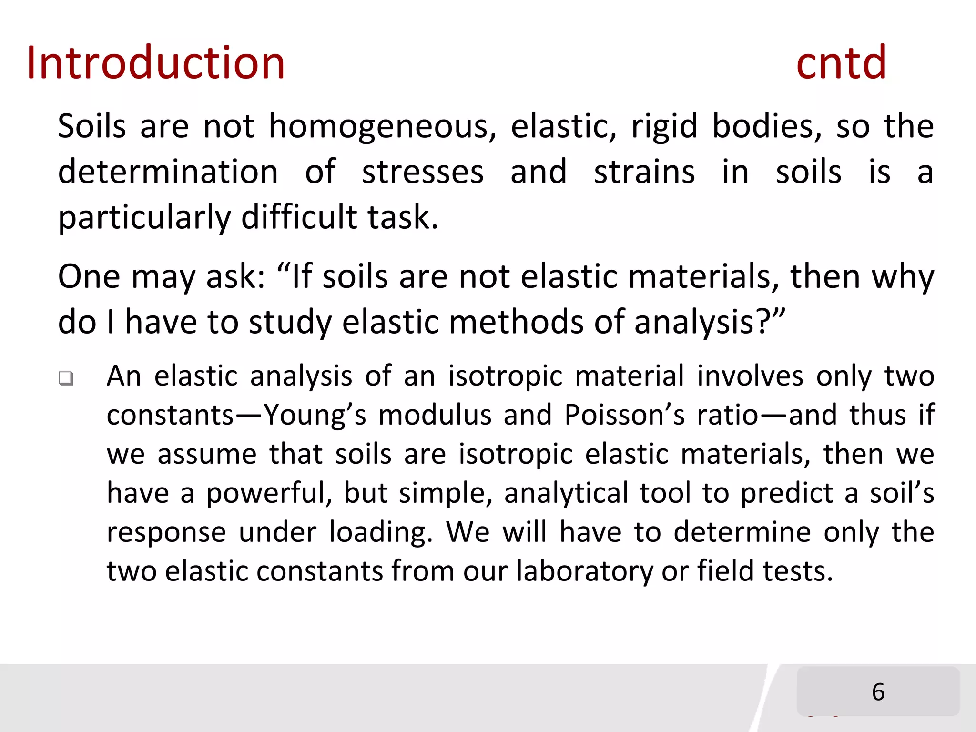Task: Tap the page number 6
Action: pyautogui.click(x=878, y=691)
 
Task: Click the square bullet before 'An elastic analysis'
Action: pyautogui.click(x=66, y=378)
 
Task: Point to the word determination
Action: pyautogui.click(x=168, y=172)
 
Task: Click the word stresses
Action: pyautogui.click(x=423, y=172)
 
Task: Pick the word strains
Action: pyautogui.click(x=644, y=172)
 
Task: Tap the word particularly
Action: pyautogui.click(x=144, y=218)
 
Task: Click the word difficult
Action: pyautogui.click(x=299, y=217)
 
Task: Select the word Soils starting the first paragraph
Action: pyautogui.click(x=92, y=126)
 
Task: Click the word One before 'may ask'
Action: pyautogui.click(x=89, y=276)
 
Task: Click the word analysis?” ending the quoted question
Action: pyautogui.click(x=710, y=323)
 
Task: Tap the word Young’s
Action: pyautogui.click(x=315, y=415)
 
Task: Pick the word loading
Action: pyautogui.click(x=381, y=532)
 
